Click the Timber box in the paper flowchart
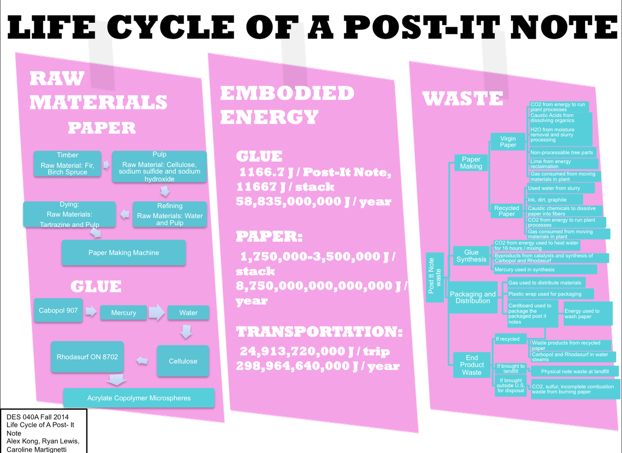(x=67, y=164)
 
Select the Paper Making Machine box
(x=124, y=253)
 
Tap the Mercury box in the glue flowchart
(x=124, y=313)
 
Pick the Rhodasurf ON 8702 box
(x=87, y=357)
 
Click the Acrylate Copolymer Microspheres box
(x=139, y=398)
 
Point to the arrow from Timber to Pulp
(x=107, y=165)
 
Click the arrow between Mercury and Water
(x=157, y=313)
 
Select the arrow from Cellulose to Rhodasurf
(x=142, y=361)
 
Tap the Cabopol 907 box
(x=58, y=310)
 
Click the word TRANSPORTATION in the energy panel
(x=319, y=332)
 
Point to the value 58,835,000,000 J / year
(x=313, y=202)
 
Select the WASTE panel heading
(x=462, y=99)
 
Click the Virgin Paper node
(x=508, y=142)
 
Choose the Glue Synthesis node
(x=471, y=256)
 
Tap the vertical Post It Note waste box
(x=435, y=277)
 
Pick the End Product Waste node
(x=472, y=365)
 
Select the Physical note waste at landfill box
(x=574, y=371)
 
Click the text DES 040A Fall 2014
(x=38, y=417)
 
